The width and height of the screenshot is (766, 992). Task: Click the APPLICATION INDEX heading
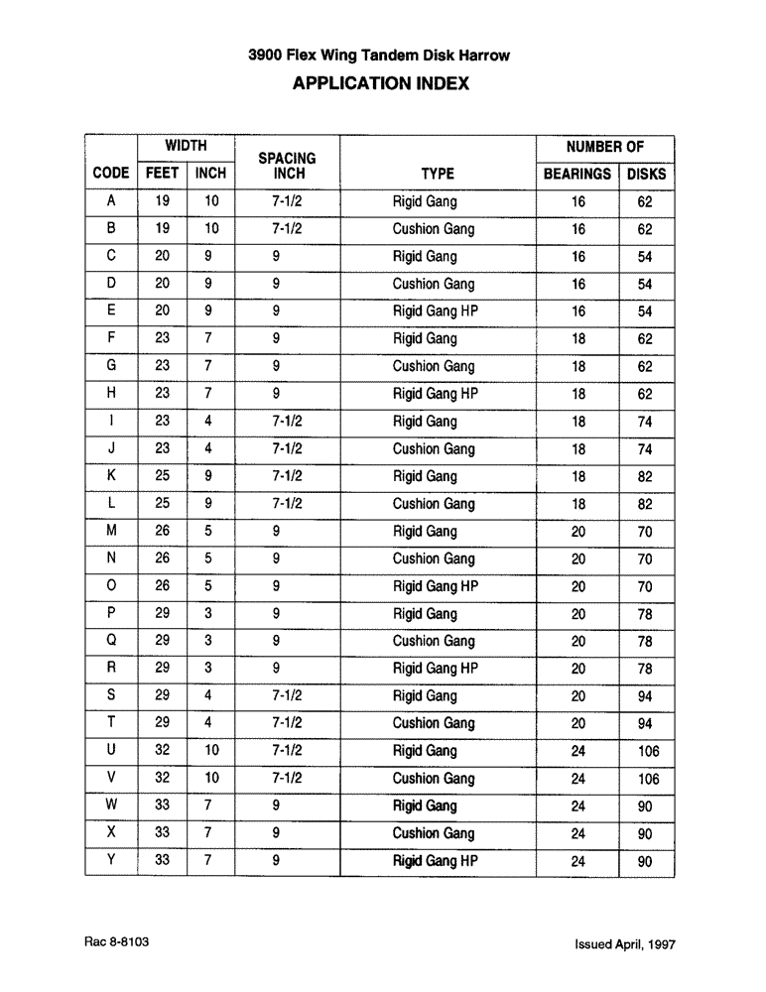pyautogui.click(x=381, y=84)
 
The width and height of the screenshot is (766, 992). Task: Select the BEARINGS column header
pyautogui.click(x=577, y=174)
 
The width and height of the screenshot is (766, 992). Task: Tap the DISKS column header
pyautogui.click(x=646, y=174)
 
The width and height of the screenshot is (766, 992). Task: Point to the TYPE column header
pyautogui.click(x=437, y=174)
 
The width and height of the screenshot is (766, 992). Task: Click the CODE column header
pyautogui.click(x=111, y=174)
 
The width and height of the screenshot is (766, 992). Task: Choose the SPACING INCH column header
pyautogui.click(x=287, y=166)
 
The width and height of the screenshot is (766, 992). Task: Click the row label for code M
pyautogui.click(x=111, y=531)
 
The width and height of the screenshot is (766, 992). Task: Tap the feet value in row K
pyautogui.click(x=162, y=476)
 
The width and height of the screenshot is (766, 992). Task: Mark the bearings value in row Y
pyautogui.click(x=577, y=862)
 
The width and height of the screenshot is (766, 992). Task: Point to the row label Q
pyautogui.click(x=111, y=641)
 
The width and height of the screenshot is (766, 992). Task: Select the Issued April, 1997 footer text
pyautogui.click(x=624, y=945)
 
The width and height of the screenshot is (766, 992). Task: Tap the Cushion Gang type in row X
pyautogui.click(x=434, y=833)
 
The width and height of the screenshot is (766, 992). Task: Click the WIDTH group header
pyautogui.click(x=186, y=146)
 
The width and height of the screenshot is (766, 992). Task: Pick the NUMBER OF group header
pyautogui.click(x=605, y=146)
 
